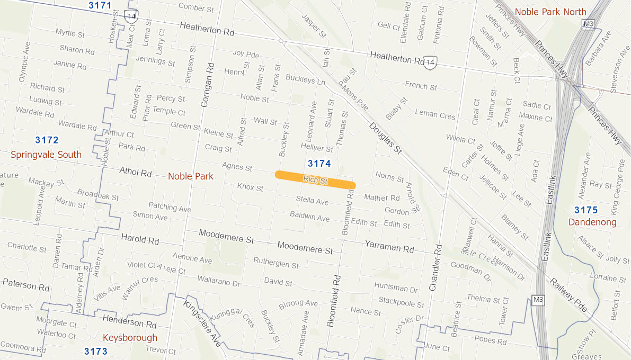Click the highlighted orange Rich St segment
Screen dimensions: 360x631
pos(315,179)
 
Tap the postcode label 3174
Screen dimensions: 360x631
pos(319,163)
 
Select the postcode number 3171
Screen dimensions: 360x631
pos(100,6)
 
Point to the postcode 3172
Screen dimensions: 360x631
pos(47,140)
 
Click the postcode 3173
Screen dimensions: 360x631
pos(96,352)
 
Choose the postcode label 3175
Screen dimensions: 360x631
pos(586,210)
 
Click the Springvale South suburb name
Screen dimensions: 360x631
pos(46,155)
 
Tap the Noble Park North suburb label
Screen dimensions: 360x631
pos(550,12)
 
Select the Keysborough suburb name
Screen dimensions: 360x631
pos(130,338)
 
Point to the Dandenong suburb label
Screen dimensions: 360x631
pos(592,222)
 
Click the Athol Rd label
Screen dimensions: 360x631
pos(136,173)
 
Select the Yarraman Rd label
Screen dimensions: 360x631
pos(389,246)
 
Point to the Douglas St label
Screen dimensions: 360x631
pos(385,139)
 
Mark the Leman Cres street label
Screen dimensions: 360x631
pos(435,114)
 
